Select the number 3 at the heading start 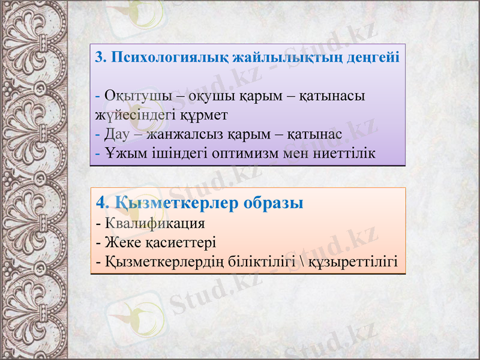pyautogui.click(x=99, y=58)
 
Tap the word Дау pyautogui.click(x=115, y=133)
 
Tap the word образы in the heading pyautogui.click(x=274, y=202)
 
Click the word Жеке pyautogui.click(x=119, y=243)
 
